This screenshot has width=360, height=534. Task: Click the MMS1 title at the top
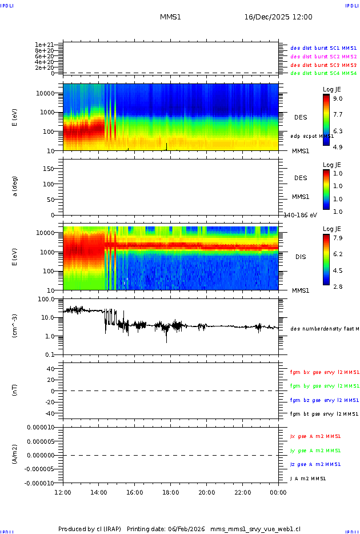point(170,17)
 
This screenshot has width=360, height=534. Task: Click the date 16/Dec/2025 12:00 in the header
point(278,17)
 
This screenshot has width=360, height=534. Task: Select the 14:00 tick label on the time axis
point(99,492)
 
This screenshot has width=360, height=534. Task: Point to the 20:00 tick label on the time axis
point(206,492)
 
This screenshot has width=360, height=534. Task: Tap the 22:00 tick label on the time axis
point(242,492)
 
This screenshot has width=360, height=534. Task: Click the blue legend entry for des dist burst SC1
point(323,48)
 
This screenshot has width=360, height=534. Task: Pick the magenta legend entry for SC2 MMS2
point(323,57)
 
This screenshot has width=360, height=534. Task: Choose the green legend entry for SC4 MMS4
point(323,73)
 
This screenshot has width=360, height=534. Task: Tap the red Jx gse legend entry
point(315,436)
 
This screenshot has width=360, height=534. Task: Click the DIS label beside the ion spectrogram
point(300,257)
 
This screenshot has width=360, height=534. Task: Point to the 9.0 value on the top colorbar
point(338,98)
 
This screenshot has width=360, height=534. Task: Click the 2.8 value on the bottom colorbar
point(338,286)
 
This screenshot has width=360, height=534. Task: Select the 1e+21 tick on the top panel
point(44,45)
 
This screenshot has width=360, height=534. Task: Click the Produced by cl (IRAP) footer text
point(90,529)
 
